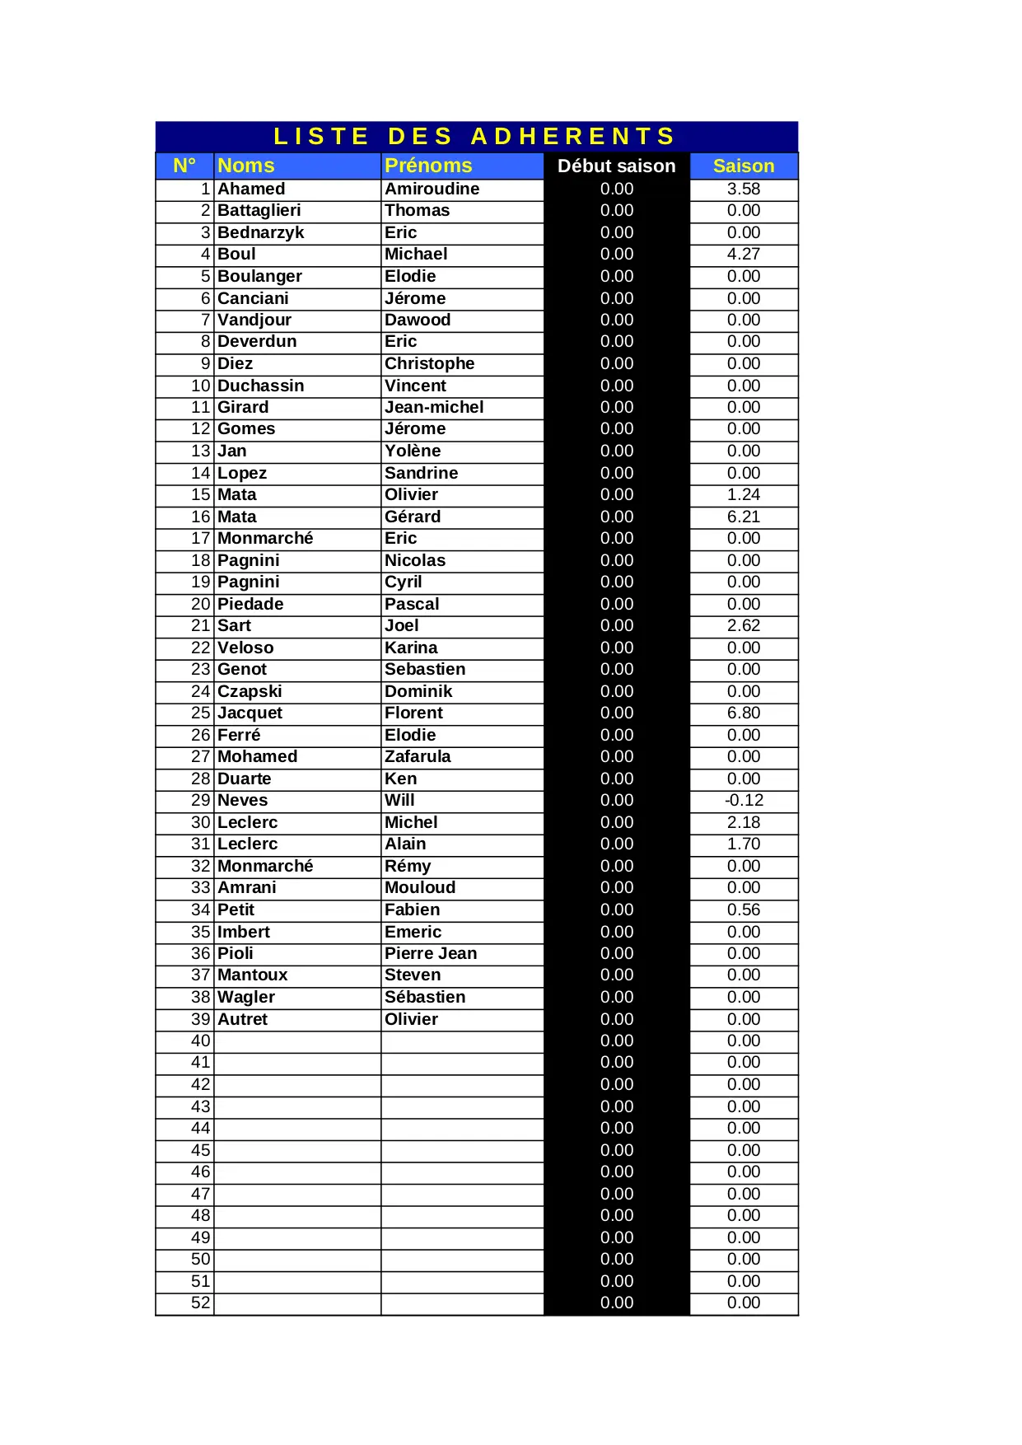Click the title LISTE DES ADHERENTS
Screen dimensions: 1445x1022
pyautogui.click(x=475, y=136)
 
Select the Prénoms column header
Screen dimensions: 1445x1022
pyautogui.click(x=428, y=166)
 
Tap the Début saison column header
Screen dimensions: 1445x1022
pyautogui.click(x=616, y=166)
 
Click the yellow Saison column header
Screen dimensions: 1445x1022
pyautogui.click(x=743, y=166)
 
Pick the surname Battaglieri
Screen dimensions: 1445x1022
pyautogui.click(x=259, y=210)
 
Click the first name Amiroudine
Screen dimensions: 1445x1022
pyautogui.click(x=432, y=189)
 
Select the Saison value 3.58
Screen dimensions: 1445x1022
pyautogui.click(x=743, y=189)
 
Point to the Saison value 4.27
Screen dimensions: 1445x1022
pyautogui.click(x=743, y=254)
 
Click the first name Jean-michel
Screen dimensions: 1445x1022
pyautogui.click(x=434, y=407)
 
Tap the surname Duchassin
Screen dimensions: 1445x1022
pyautogui.click(x=260, y=386)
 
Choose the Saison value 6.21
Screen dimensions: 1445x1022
pyautogui.click(x=743, y=517)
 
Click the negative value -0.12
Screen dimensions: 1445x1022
pyautogui.click(x=744, y=800)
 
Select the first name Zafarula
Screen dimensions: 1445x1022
pyautogui.click(x=418, y=756)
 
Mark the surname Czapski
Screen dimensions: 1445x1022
pyautogui.click(x=250, y=691)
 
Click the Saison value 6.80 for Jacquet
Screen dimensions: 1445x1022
pyautogui.click(x=743, y=713)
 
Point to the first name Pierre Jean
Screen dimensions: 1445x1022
pyautogui.click(x=431, y=953)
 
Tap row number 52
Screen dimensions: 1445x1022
pyautogui.click(x=201, y=1302)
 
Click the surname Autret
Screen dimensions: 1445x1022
pyautogui.click(x=242, y=1019)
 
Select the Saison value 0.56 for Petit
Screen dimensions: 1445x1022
pyautogui.click(x=743, y=910)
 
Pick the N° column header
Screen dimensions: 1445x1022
pyautogui.click(x=184, y=166)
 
